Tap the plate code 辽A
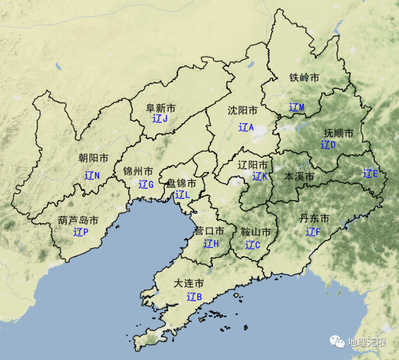tap(246, 127)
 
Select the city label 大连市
tap(189, 283)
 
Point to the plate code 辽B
tap(194, 297)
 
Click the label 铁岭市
tap(304, 78)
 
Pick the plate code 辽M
tap(297, 107)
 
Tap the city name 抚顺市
tap(339, 133)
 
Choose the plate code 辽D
tap(328, 145)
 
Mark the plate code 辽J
tap(160, 118)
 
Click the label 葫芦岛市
tap(78, 220)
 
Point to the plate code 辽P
tap(81, 232)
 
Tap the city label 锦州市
tap(138, 171)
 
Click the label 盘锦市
tap(181, 183)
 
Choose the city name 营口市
tap(209, 231)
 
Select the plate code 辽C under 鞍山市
tap(252, 244)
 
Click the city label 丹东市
tap(314, 218)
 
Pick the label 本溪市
tap(299, 177)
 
